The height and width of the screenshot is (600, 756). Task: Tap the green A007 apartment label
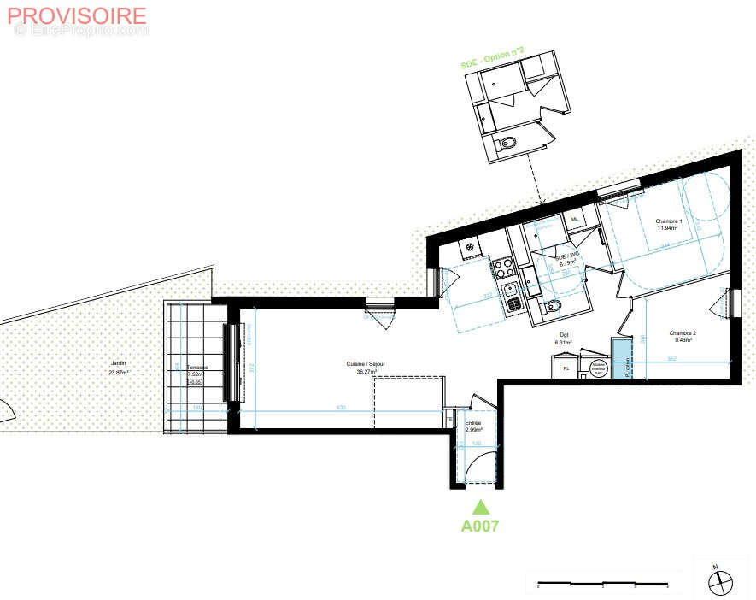[480, 526]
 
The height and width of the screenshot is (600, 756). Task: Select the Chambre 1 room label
[667, 225]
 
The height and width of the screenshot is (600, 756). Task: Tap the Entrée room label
[473, 426]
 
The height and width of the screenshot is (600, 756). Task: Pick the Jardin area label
[118, 368]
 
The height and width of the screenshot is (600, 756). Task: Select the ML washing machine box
[575, 220]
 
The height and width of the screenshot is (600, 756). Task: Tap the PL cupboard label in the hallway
[565, 368]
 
